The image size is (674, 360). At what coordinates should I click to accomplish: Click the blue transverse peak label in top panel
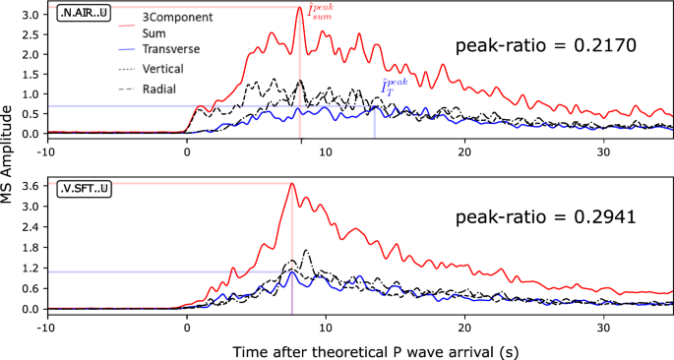[x=396, y=90]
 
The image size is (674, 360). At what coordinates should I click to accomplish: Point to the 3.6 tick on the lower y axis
[x=31, y=185]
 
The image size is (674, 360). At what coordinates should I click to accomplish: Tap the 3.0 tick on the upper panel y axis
[x=31, y=16]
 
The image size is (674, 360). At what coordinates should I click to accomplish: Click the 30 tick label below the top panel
[x=603, y=150]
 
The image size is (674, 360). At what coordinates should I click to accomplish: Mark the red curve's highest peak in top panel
[x=299, y=9]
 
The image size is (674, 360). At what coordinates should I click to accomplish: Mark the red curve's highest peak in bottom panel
[x=291, y=184]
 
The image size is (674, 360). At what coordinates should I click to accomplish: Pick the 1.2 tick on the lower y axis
[x=31, y=268]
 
